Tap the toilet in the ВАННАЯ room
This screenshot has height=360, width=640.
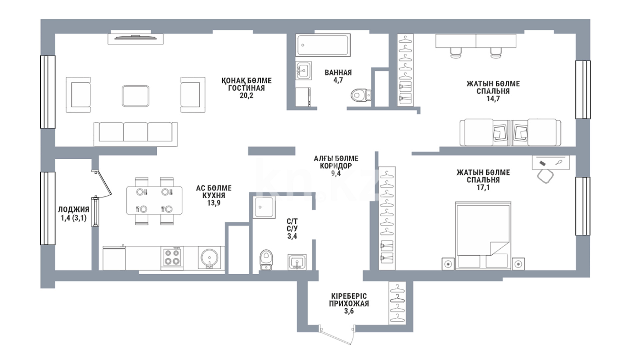coord(361,95)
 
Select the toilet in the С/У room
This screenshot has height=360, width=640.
coord(266,260)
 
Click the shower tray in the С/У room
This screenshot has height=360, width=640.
coord(264,207)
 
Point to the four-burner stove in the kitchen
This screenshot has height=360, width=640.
coord(172,258)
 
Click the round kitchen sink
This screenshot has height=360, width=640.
coord(209,258)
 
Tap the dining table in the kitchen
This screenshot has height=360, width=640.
coord(154,200)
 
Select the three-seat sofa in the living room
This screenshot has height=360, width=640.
coord(135,134)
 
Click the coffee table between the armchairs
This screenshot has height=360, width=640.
coord(135,96)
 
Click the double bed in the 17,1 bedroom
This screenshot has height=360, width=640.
coord(483,235)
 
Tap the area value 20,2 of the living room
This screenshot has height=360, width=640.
coord(246,96)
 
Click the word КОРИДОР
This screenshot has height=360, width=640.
coord(336,166)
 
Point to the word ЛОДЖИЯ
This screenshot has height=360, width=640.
coord(74,210)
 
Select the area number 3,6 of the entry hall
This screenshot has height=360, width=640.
coord(349,311)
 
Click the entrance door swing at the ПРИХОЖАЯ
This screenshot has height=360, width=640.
coord(337,335)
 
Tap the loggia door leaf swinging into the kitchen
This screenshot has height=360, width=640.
coord(104,183)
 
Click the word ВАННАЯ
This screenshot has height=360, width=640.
coord(338,73)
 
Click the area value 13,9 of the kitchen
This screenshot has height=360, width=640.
coord(214,203)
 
